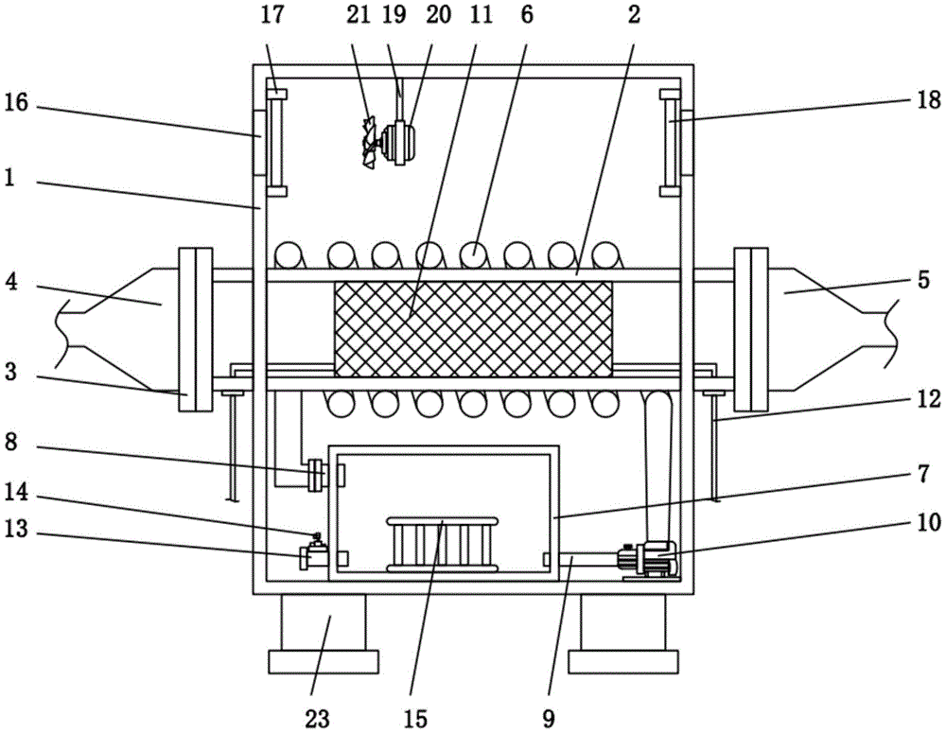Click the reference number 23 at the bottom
tap(318, 718)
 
